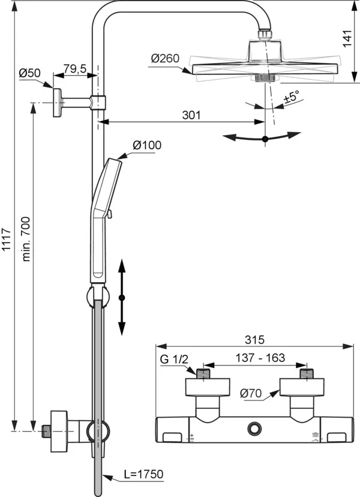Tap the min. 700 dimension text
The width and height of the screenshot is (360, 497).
26,239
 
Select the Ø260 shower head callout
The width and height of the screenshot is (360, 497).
165,58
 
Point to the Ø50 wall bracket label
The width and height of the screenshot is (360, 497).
29,73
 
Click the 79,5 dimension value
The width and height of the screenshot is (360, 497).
75,68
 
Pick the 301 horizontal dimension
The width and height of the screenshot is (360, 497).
191,115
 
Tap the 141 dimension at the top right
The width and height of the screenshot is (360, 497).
347,38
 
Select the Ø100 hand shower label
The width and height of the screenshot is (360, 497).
147,145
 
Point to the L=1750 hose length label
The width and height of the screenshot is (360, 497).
143,474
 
